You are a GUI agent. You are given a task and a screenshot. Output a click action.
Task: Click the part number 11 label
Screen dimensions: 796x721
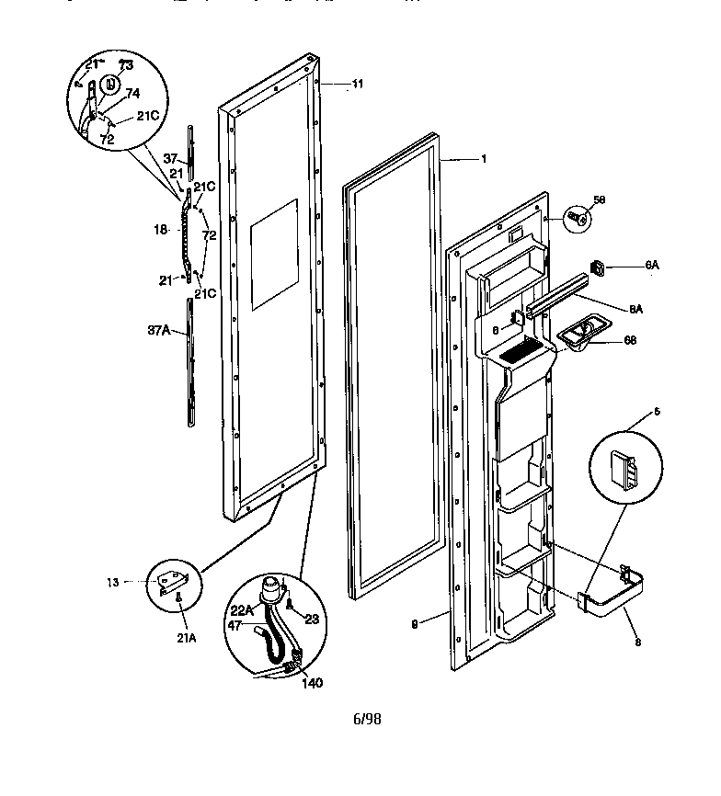point(357,84)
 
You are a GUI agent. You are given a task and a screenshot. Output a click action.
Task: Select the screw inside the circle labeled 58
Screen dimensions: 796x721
point(578,218)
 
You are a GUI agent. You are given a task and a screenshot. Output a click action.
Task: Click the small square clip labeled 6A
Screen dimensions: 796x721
point(598,267)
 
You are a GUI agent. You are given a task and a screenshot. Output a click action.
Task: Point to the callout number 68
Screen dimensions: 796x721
point(629,340)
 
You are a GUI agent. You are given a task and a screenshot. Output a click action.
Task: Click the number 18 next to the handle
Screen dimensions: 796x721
point(162,231)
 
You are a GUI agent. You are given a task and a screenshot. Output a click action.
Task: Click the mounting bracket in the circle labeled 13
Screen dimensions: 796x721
point(173,581)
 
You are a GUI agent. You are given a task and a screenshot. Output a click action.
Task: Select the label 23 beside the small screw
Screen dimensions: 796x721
point(311,619)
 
